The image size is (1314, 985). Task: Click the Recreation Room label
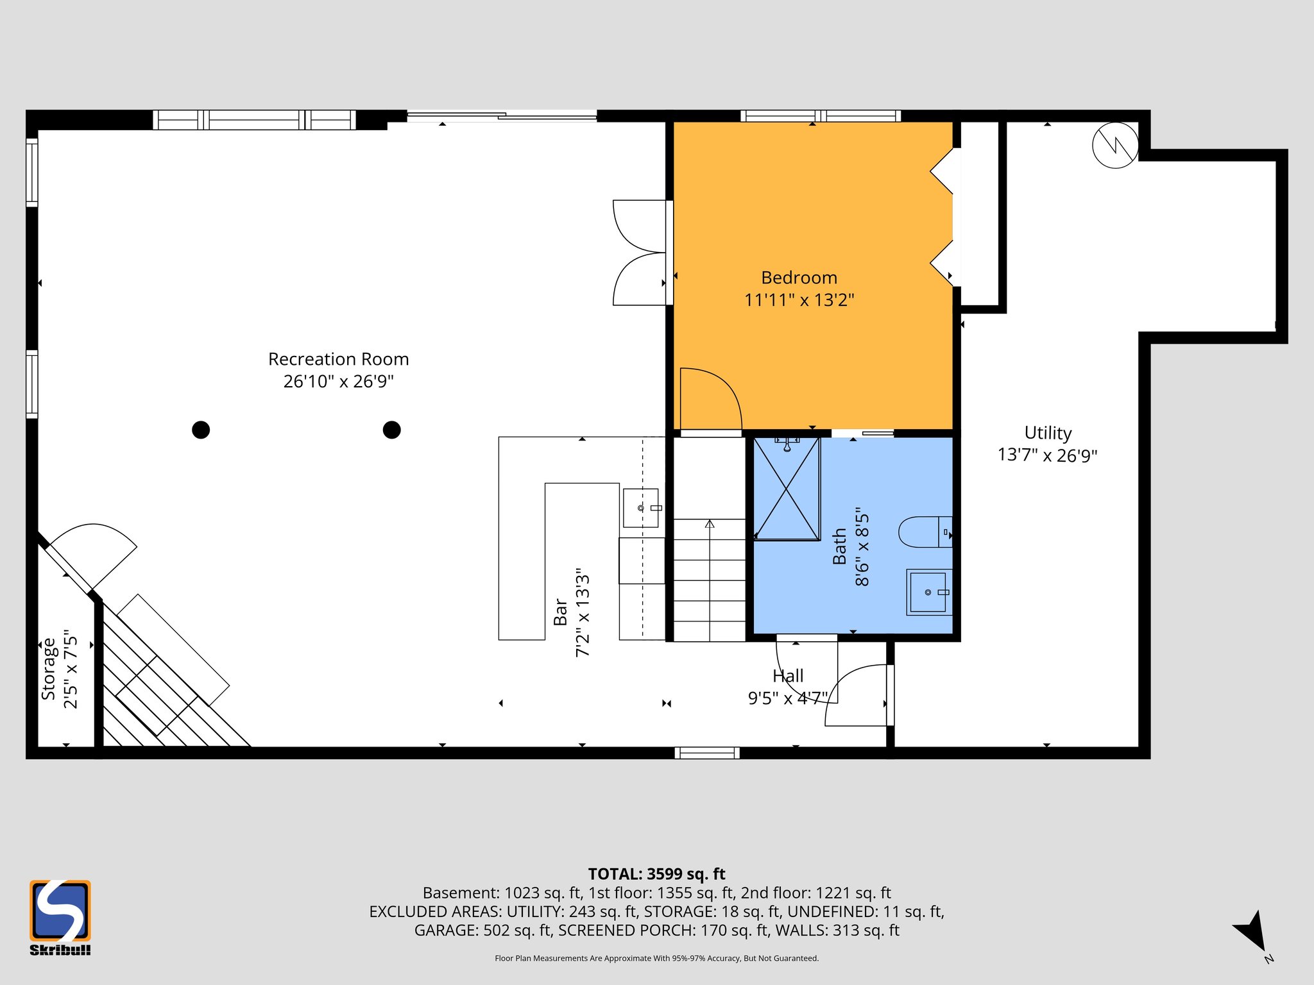tap(338, 359)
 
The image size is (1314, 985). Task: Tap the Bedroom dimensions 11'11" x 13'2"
tap(799, 300)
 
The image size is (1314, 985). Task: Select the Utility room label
tap(1047, 433)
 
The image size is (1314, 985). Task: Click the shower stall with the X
tap(787, 489)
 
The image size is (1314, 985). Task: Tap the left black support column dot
tap(201, 430)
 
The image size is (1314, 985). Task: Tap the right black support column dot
tap(391, 430)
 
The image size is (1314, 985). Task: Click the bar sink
tap(640, 508)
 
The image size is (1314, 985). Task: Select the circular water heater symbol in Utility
tap(1115, 146)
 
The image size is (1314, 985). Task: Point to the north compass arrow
tap(1252, 931)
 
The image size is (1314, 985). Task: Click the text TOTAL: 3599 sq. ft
tap(656, 874)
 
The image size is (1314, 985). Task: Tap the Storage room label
tap(49, 669)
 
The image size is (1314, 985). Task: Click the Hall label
tap(788, 676)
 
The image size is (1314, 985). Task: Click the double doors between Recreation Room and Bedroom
tap(638, 253)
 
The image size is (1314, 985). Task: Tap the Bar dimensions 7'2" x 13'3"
tap(583, 612)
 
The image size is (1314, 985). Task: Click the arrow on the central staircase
tap(709, 525)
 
